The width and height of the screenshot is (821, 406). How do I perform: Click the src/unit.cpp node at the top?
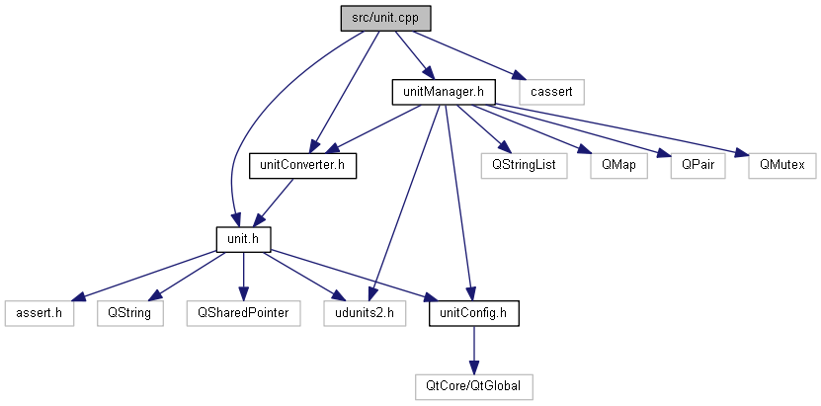coord(386,19)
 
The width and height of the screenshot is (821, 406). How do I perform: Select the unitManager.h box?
coord(443,92)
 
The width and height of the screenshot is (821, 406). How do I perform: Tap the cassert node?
coord(552,92)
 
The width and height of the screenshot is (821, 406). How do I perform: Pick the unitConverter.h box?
coord(302,165)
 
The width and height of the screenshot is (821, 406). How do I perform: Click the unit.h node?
coord(243,238)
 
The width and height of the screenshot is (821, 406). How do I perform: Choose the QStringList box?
coord(524,165)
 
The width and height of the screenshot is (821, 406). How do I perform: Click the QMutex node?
coord(781,165)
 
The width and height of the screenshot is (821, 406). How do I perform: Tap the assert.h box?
coord(40,312)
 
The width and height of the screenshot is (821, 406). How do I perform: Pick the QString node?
coord(129,312)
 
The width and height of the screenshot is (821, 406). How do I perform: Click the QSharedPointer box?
coord(243,312)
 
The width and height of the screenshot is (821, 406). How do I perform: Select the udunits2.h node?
coord(365,312)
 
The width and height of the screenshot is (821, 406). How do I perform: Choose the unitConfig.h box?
coord(474,312)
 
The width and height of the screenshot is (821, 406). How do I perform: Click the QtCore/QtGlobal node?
coord(474,385)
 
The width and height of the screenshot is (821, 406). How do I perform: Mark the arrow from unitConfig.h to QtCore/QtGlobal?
coord(474,349)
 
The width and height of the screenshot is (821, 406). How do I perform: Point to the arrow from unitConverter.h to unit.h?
coord(275,201)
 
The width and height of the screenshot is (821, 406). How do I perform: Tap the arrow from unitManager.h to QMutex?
coord(632,128)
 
